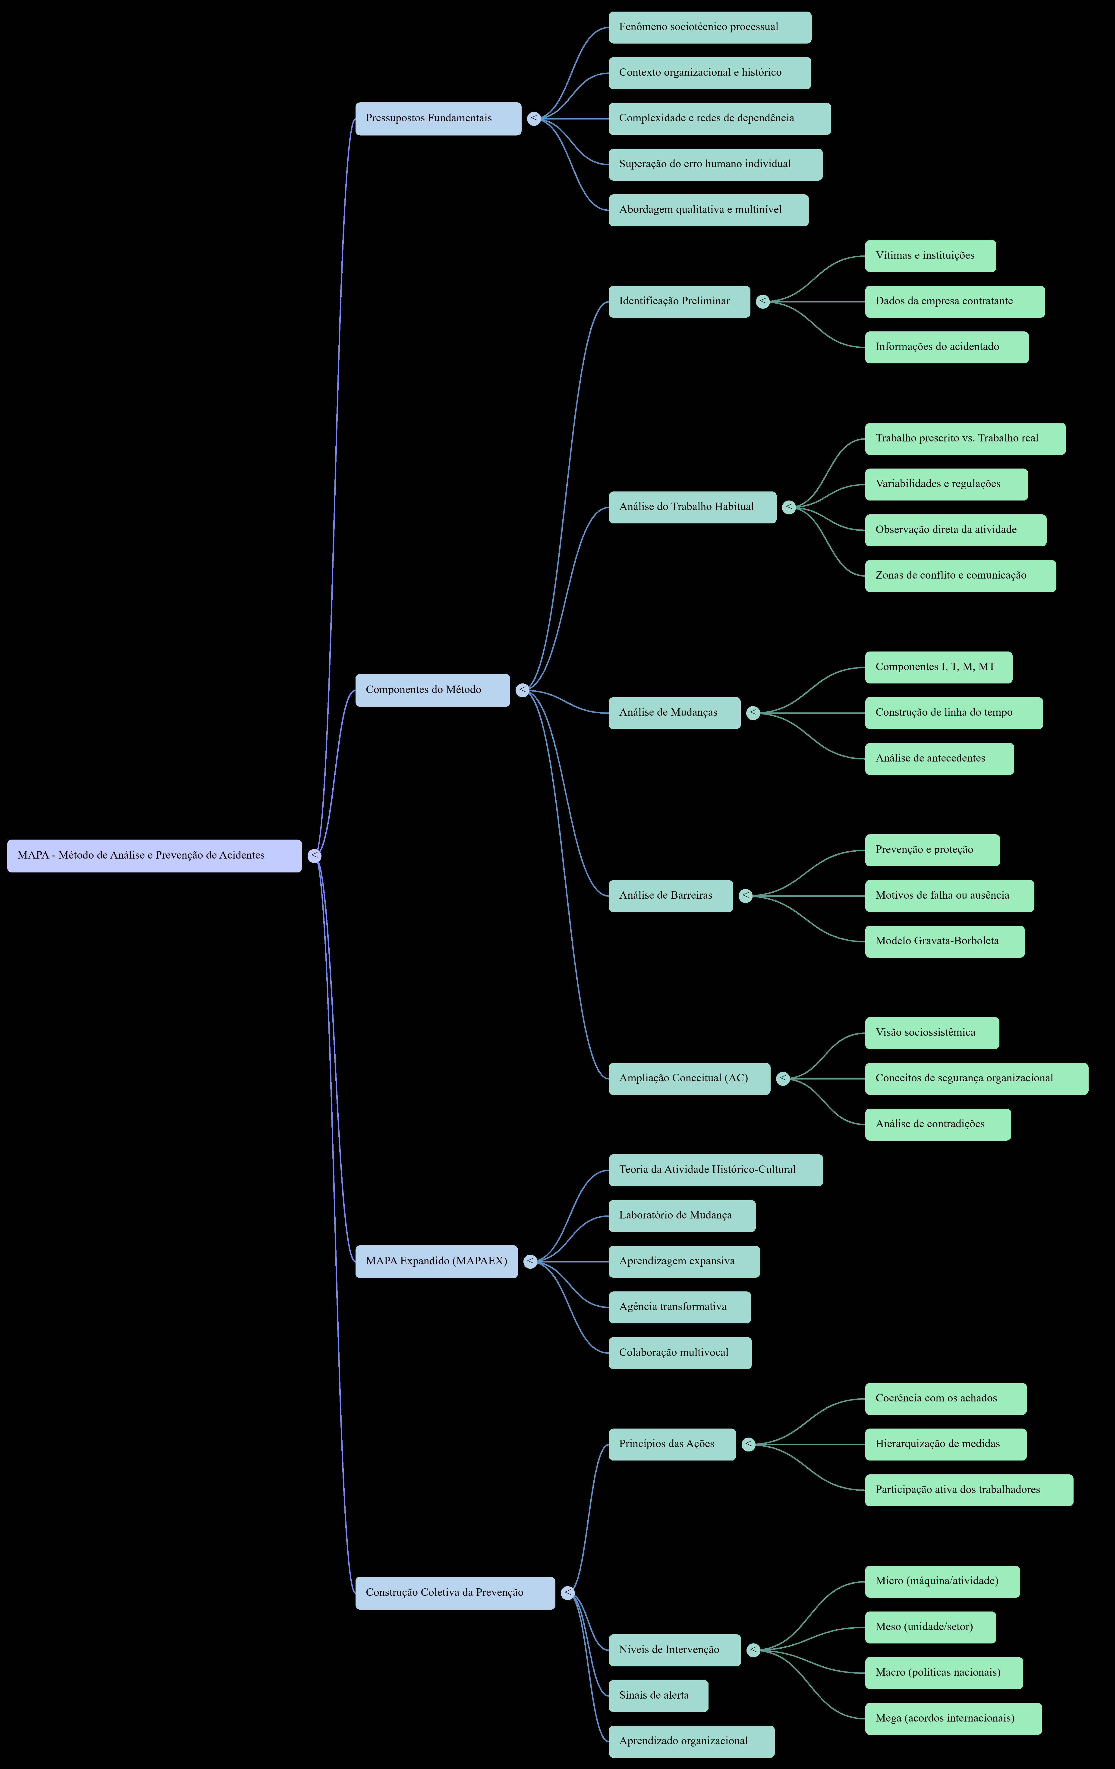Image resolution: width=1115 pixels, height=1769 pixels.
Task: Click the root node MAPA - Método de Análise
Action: pyautogui.click(x=154, y=856)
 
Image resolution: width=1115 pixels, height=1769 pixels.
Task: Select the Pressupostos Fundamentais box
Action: pyautogui.click(x=438, y=118)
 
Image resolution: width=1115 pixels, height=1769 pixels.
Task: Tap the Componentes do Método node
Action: pyautogui.click(x=433, y=690)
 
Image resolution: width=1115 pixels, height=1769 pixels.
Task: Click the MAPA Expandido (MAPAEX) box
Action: pyautogui.click(x=436, y=1261)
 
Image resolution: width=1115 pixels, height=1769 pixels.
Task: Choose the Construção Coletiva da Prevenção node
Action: pyautogui.click(x=455, y=1593)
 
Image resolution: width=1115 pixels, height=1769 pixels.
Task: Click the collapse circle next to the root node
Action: pyautogui.click(x=314, y=856)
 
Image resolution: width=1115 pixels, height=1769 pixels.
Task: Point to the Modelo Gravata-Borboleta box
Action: pyautogui.click(x=945, y=941)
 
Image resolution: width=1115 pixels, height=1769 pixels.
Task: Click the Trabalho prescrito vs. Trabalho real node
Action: pyautogui.click(x=965, y=439)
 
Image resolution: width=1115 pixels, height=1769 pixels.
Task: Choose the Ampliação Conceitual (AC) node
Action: pyautogui.click(x=690, y=1078)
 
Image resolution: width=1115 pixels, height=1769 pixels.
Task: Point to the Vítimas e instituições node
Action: pyautogui.click(x=931, y=256)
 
